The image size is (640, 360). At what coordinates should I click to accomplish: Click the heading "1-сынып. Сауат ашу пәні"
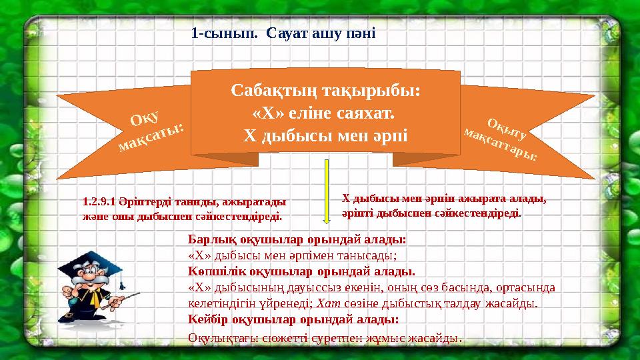click(283, 32)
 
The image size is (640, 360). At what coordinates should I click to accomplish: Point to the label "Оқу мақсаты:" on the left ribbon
click(151, 129)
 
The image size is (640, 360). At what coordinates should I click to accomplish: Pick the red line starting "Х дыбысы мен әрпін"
click(443, 198)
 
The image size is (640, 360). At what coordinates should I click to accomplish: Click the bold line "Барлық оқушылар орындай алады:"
click(297, 239)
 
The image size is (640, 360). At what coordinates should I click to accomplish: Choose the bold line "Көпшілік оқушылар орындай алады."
click(302, 271)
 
